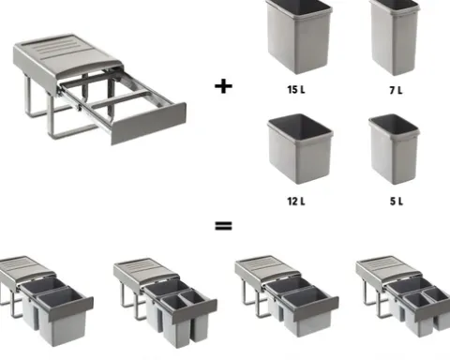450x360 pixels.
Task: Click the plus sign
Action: (x=223, y=86)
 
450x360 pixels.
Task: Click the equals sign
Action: (x=223, y=226)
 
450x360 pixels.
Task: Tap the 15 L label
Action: (x=296, y=90)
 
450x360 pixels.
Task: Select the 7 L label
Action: (x=396, y=90)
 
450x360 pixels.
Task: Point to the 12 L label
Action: (x=296, y=202)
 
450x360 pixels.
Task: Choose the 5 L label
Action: (x=397, y=202)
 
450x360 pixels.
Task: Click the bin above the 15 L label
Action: (x=299, y=36)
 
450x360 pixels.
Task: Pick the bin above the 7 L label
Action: (x=395, y=37)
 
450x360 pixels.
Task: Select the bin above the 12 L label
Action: (x=300, y=148)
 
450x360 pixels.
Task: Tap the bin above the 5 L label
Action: (x=394, y=149)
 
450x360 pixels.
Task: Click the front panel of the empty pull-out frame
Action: (x=149, y=123)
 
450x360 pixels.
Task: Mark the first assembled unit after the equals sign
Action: (x=46, y=301)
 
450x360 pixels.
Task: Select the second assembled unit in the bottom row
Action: (x=165, y=302)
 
